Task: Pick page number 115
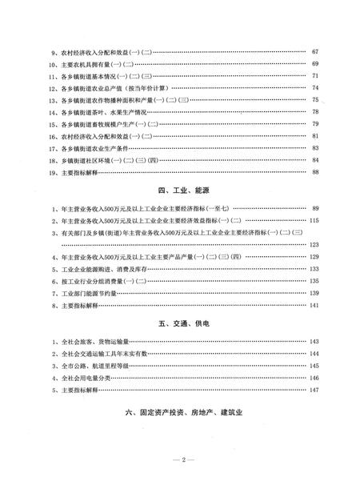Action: pyautogui.click(x=314, y=219)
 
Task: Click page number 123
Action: pyautogui.click(x=314, y=244)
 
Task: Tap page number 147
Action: pyautogui.click(x=314, y=389)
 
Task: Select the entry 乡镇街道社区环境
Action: pyautogui.click(x=105, y=159)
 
